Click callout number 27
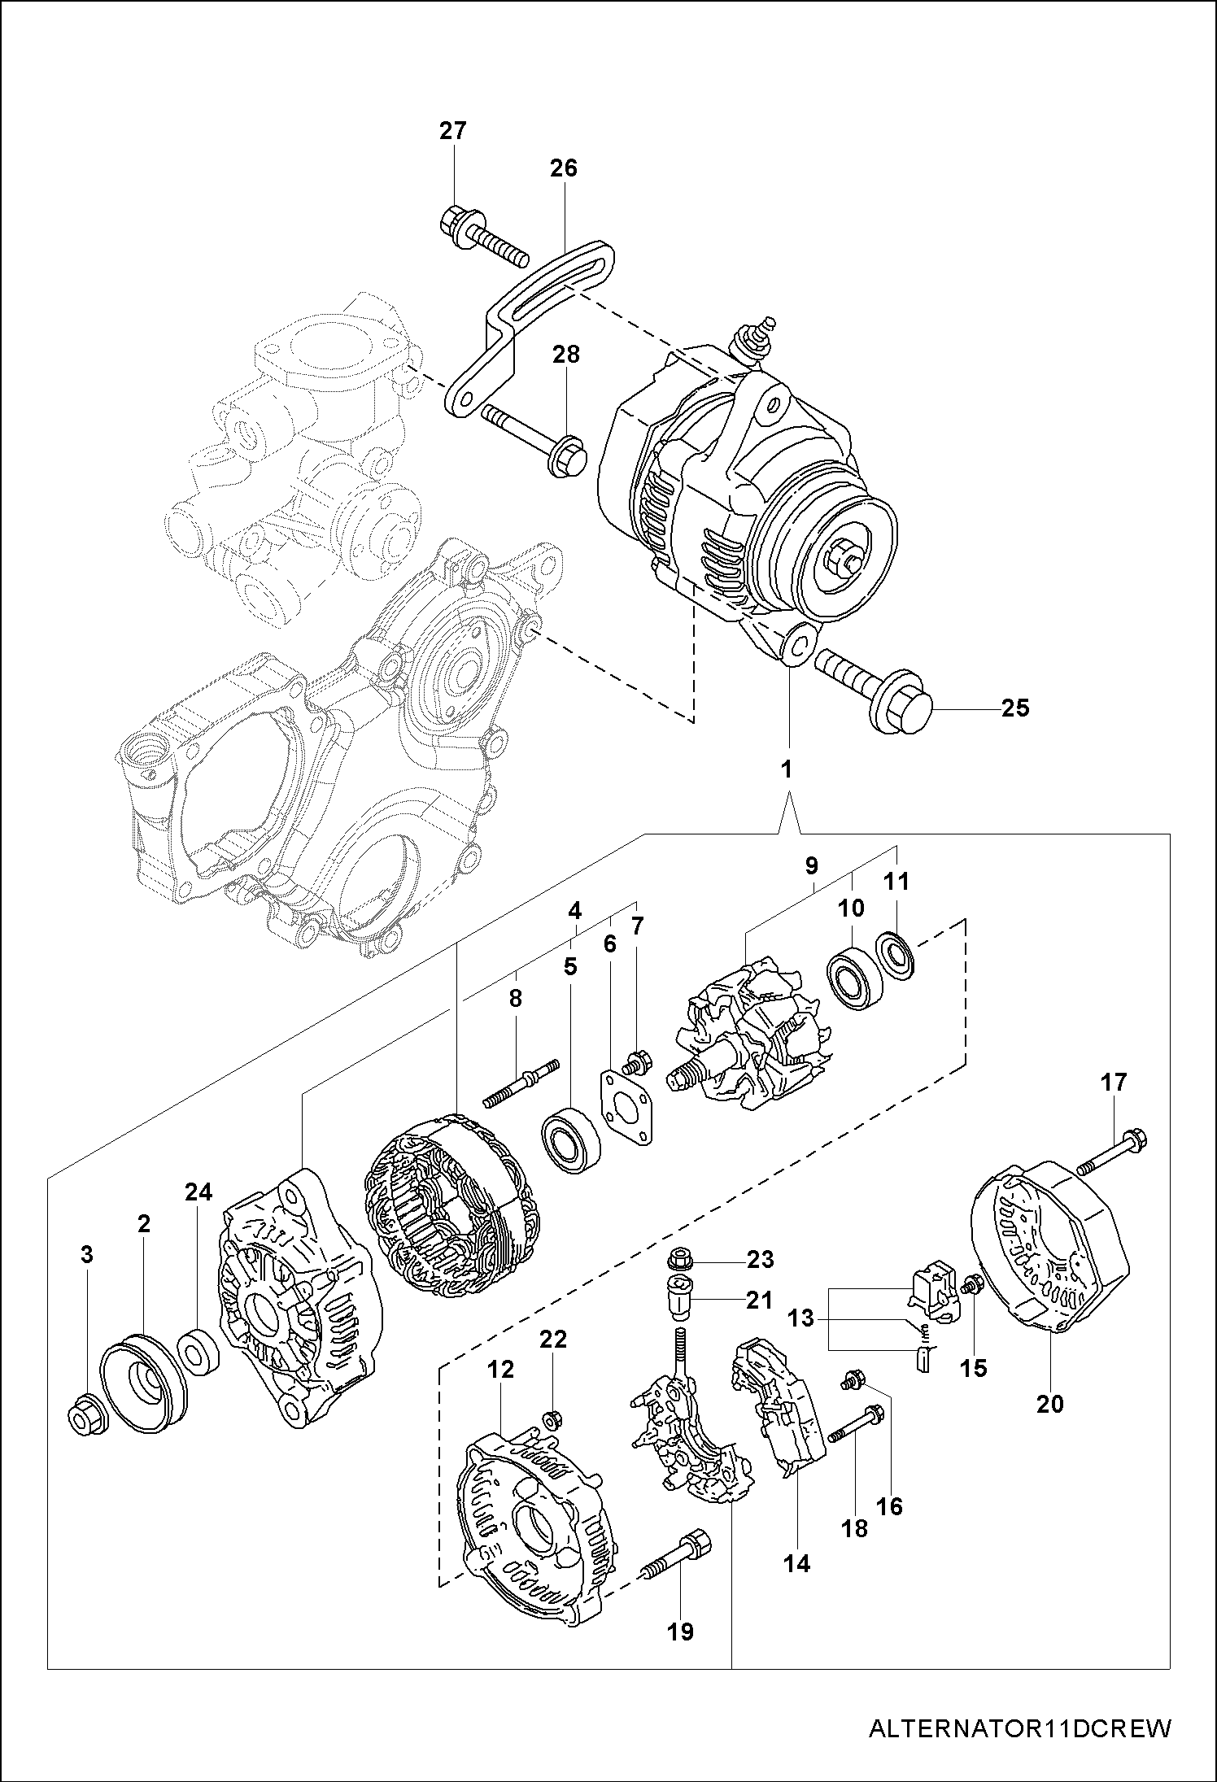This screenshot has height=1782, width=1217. (x=453, y=131)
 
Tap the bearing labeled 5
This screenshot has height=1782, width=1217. (x=571, y=1139)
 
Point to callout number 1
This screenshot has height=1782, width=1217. (x=786, y=769)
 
